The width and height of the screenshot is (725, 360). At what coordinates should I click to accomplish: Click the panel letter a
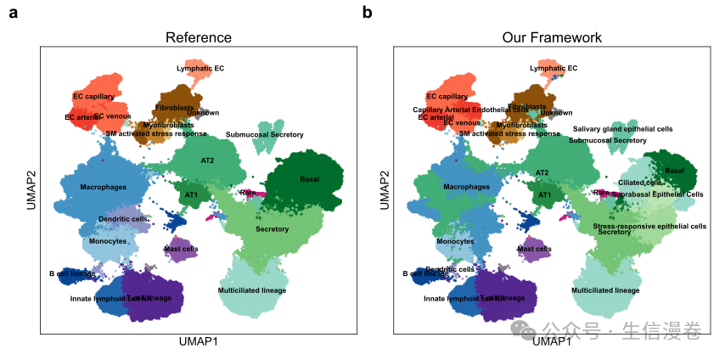click(14, 14)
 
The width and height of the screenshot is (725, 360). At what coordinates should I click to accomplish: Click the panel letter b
click(368, 13)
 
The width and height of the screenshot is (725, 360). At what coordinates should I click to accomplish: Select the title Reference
click(198, 37)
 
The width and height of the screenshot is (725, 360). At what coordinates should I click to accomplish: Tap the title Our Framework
click(552, 37)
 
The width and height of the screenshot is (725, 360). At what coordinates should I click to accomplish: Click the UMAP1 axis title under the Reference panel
click(198, 341)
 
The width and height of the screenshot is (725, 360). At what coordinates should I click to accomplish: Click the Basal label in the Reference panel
click(310, 179)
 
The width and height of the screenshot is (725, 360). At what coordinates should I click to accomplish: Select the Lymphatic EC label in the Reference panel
click(200, 68)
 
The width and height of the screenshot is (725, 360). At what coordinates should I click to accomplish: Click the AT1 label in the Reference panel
click(192, 195)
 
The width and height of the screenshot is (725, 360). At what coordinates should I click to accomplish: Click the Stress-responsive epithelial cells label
click(649, 226)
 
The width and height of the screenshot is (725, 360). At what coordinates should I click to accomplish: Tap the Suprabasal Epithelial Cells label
click(657, 194)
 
